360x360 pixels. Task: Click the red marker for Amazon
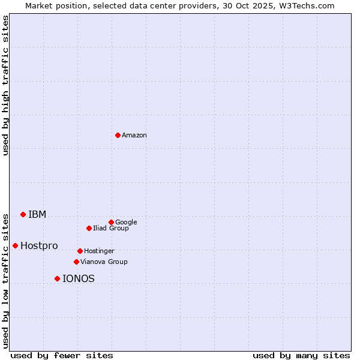[118, 135]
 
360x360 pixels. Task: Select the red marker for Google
[111, 222]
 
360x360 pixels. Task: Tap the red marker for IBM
[23, 214]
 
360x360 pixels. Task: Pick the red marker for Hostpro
[15, 245]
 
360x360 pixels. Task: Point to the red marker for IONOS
[57, 278]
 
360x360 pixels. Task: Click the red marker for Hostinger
[80, 251]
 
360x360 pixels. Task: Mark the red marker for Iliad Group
[89, 228]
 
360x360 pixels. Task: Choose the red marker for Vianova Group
[76, 262]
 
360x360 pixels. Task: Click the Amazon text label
[134, 136]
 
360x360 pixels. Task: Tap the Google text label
[126, 222]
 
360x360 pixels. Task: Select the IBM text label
[37, 215]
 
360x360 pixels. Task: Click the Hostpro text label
[39, 246]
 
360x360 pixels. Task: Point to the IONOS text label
[79, 279]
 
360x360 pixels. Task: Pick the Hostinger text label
[99, 251]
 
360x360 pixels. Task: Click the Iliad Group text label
[111, 229]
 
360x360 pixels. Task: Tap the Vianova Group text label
[104, 262]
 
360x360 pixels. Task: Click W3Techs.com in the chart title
[307, 5]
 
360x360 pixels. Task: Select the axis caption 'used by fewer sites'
[61, 355]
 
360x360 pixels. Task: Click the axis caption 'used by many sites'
[301, 355]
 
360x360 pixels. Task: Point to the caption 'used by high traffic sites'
[5, 85]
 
